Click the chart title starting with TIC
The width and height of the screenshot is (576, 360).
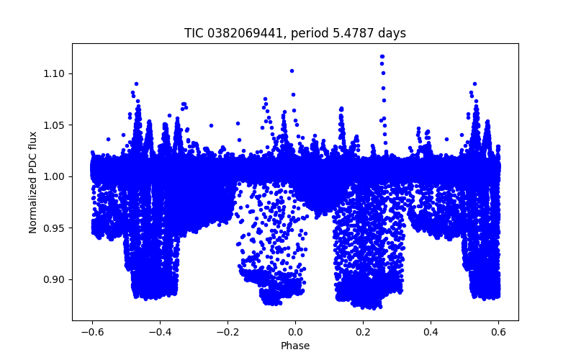tap(295, 33)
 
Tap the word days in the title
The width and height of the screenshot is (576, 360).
tap(393, 33)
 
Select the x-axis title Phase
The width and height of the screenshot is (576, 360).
tap(295, 346)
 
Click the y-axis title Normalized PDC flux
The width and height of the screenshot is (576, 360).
tap(33, 181)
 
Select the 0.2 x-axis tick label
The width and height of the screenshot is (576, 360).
tap(363, 332)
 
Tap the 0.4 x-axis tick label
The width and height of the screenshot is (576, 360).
tap(431, 332)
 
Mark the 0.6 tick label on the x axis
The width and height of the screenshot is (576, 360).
tap(498, 332)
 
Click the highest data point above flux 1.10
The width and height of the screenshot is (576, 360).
tap(382, 56)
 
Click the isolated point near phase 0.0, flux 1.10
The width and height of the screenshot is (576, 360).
tap(292, 71)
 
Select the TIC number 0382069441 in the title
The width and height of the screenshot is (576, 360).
tap(234, 33)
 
